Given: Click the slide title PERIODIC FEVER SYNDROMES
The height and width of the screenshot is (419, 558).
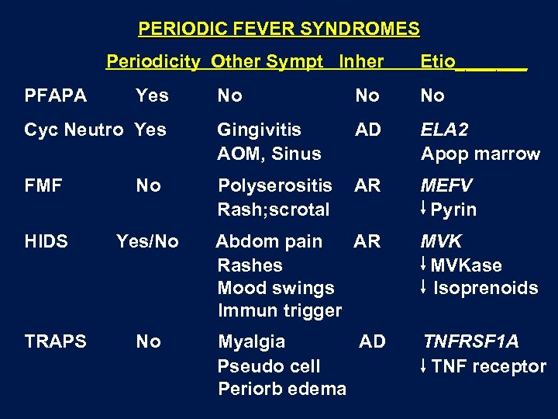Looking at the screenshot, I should pyautogui.click(x=279, y=29).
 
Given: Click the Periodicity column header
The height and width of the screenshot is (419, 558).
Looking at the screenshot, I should pyautogui.click(x=153, y=61).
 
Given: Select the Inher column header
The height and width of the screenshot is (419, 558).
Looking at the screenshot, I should pyautogui.click(x=360, y=61).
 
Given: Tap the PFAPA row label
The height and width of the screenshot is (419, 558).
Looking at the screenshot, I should pyautogui.click(x=56, y=95).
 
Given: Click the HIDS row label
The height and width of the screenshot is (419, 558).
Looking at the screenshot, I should pyautogui.click(x=46, y=241).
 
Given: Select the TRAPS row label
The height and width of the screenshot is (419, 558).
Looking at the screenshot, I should pyautogui.click(x=56, y=341).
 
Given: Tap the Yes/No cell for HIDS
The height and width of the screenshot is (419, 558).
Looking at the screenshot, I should pyautogui.click(x=147, y=241).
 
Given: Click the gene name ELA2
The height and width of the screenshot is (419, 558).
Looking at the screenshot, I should pyautogui.click(x=444, y=130).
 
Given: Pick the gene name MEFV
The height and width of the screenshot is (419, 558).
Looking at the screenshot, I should pyautogui.click(x=446, y=186).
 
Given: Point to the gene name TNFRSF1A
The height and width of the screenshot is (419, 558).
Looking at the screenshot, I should pyautogui.click(x=470, y=341).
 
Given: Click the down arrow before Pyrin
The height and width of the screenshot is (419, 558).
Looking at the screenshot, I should pyautogui.click(x=425, y=209).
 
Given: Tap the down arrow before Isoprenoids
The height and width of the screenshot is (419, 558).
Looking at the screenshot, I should pyautogui.click(x=425, y=287).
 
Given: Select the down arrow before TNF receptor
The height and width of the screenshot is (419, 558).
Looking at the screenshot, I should pyautogui.click(x=425, y=366).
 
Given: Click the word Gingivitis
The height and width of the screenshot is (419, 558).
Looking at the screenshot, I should pyautogui.click(x=259, y=130).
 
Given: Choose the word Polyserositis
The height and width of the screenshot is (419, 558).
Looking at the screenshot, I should pyautogui.click(x=274, y=186).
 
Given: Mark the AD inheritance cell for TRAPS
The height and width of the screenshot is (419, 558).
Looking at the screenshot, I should pyautogui.click(x=372, y=341).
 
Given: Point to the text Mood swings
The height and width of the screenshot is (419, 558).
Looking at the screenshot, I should pyautogui.click(x=276, y=288).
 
